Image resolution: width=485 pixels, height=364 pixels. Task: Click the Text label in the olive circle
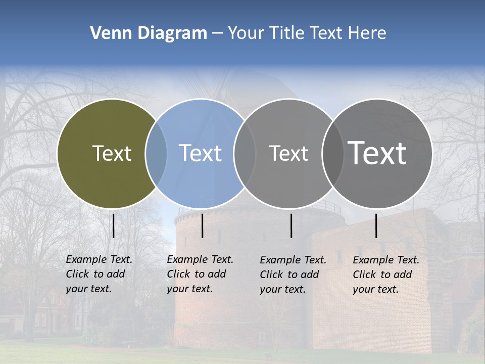112,153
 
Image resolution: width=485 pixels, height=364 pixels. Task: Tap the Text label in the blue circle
200,153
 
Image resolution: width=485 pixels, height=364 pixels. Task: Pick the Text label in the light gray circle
288,153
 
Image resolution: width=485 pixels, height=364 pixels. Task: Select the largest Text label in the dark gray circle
377,153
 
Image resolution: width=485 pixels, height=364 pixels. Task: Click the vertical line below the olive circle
114,225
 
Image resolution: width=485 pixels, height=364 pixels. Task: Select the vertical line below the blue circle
202,225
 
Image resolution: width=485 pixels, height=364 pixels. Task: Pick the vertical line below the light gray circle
292,225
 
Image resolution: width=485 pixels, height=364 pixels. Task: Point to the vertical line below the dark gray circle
376,225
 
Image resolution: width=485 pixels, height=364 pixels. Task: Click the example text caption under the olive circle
99,274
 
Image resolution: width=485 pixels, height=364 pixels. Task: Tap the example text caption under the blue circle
200,274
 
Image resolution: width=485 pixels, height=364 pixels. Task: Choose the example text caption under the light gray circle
293,275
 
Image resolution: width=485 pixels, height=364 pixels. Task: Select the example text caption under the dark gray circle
385,275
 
